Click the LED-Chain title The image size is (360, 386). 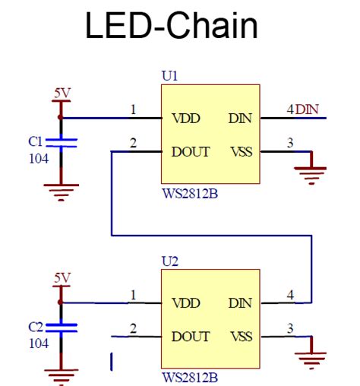[172, 25]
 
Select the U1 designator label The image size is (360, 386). [169, 76]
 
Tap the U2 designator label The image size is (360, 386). [170, 261]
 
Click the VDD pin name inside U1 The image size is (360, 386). [186, 119]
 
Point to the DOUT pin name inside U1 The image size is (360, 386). [191, 152]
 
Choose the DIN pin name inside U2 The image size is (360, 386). [240, 303]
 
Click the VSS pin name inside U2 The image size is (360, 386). [242, 337]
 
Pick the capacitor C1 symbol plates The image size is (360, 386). [61, 143]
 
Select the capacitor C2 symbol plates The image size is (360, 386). [61, 327]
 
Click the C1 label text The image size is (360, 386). [35, 141]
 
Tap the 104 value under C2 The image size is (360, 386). [39, 343]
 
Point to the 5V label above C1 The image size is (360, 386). [62, 93]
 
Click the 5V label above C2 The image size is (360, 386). [62, 278]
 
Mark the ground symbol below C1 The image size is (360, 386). [61, 192]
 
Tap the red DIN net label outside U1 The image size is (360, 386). [307, 109]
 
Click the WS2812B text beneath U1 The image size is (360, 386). [190, 194]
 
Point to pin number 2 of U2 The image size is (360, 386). [133, 328]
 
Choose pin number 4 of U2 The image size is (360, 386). [290, 295]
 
